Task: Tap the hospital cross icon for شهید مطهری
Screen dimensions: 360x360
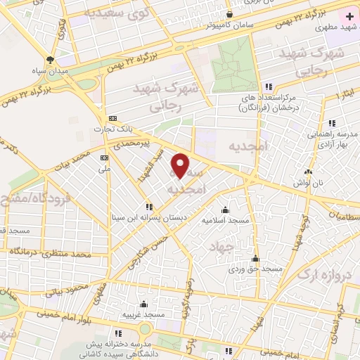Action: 349,15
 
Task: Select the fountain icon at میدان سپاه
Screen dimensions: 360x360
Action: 50,60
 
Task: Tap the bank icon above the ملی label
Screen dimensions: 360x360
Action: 105,157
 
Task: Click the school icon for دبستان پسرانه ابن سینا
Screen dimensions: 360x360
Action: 148,207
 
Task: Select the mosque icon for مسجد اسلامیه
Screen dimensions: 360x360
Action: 225,209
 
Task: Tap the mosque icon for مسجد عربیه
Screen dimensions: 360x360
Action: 143,304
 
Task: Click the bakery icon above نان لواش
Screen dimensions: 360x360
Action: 308,171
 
